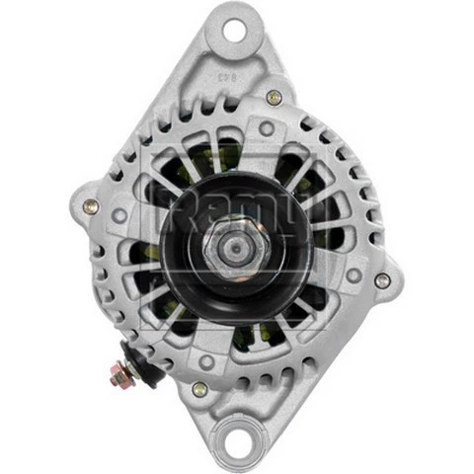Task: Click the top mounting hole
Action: point(234,29)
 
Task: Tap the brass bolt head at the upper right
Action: point(274,97)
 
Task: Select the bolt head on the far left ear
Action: point(91,206)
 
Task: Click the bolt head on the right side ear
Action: point(382,280)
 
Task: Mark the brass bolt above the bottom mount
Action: point(200,389)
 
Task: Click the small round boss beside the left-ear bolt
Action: point(118,214)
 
